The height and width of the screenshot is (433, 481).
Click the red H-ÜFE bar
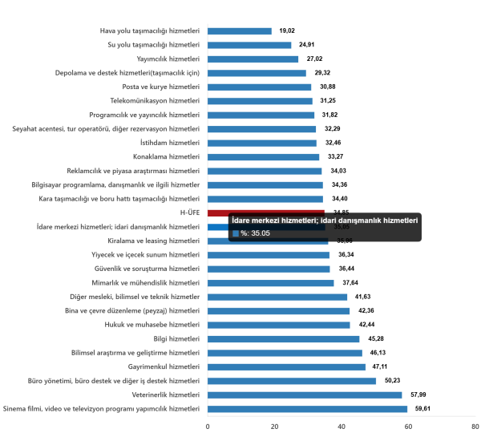coord(265,212)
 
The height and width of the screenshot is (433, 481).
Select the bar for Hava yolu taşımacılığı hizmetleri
coord(239,31)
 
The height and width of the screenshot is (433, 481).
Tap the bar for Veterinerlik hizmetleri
coord(305,395)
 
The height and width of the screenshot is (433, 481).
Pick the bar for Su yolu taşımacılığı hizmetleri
coord(249,46)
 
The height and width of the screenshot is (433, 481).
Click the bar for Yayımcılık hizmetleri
coord(253,59)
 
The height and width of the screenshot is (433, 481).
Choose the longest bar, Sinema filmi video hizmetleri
coord(307,409)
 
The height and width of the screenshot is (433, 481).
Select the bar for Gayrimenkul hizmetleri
coord(286,367)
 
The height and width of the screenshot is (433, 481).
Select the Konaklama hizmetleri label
coord(166,156)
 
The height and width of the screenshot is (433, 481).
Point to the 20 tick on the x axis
coord(275,425)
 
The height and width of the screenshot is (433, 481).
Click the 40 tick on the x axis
coord(342,425)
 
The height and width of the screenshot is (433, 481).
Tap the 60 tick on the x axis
coord(409,425)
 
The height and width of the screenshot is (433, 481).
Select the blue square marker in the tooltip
coord(236,233)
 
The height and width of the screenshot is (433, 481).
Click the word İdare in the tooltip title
coord(241,220)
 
